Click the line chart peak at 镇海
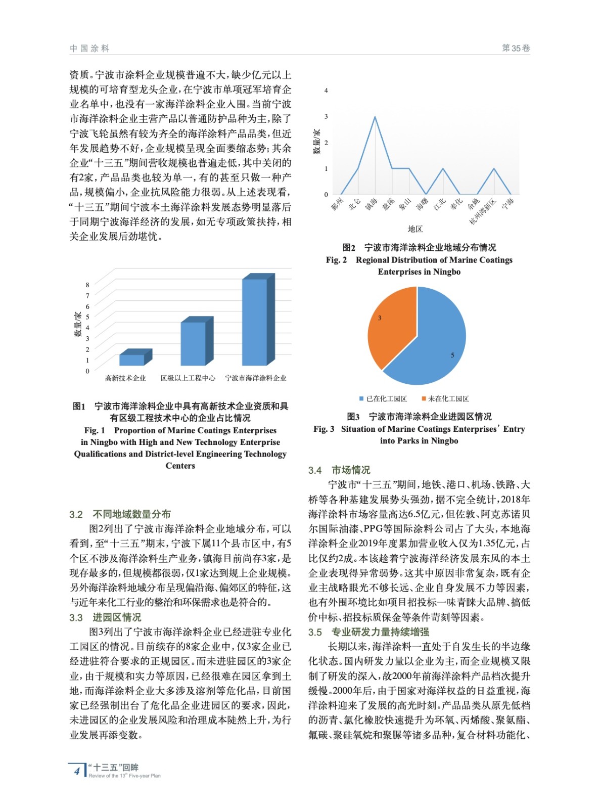[375, 117]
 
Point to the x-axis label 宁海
[508, 203]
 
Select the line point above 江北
[443, 168]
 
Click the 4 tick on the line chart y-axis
[326, 91]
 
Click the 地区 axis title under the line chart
[415, 229]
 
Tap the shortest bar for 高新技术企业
[132, 359]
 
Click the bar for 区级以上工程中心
[193, 343]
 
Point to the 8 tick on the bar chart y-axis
[87, 285]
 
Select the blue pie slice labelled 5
[435, 344]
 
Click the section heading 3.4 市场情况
[339, 470]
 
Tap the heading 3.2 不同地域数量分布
[120, 514]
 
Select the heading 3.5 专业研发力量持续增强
[368, 632]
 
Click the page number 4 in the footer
[77, 771]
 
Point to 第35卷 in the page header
[516, 48]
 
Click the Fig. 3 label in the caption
[324, 429]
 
